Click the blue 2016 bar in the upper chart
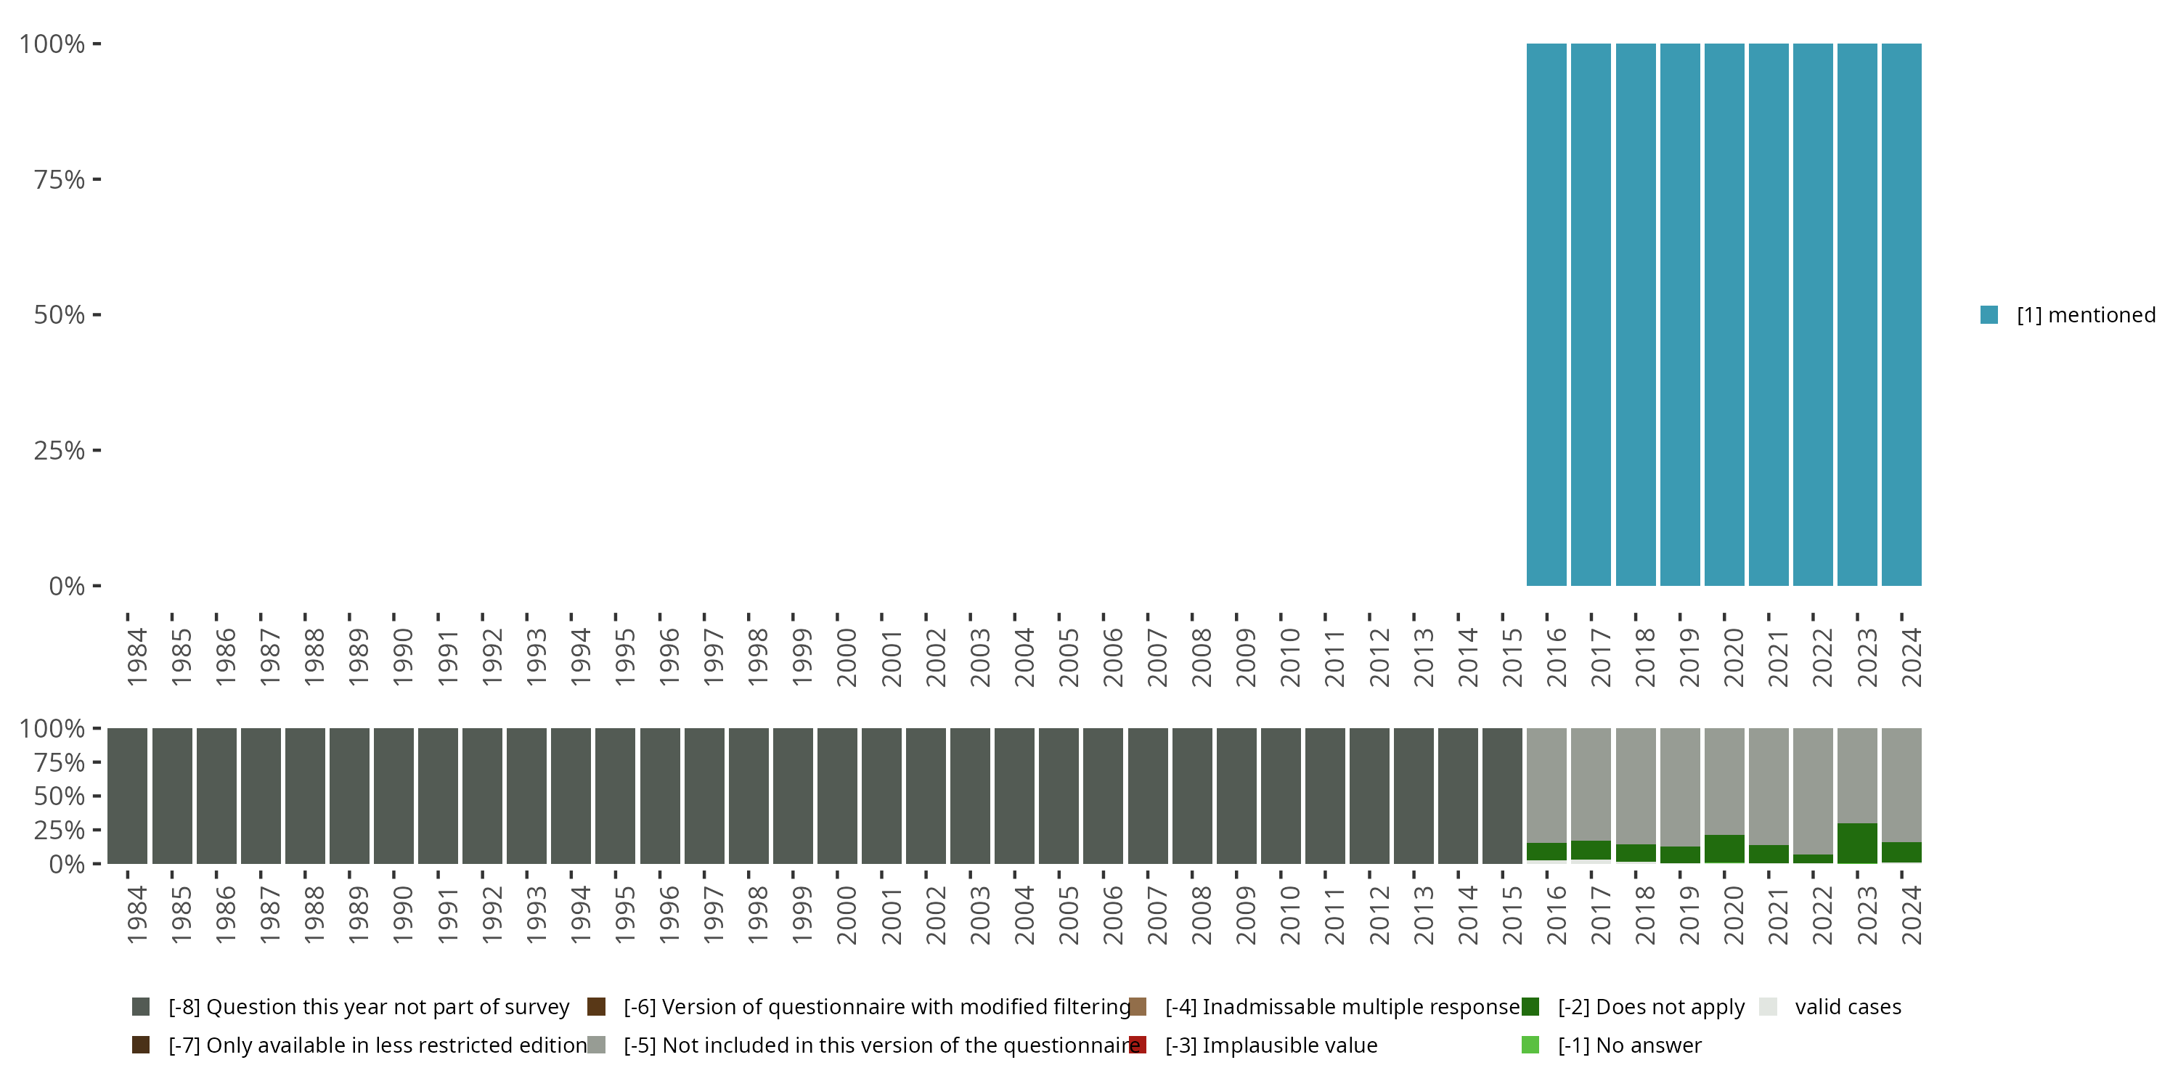pyautogui.click(x=1546, y=314)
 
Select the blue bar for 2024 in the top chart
pyautogui.click(x=1901, y=314)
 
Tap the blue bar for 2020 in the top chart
pyautogui.click(x=1724, y=314)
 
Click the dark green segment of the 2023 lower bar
pyautogui.click(x=1856, y=843)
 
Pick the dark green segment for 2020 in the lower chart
pyautogui.click(x=1724, y=849)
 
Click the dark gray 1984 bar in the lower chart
pyautogui.click(x=128, y=796)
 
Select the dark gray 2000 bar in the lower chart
pyautogui.click(x=837, y=796)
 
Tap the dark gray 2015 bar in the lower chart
pyautogui.click(x=1501, y=796)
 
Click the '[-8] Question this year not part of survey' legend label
pyautogui.click(x=369, y=1007)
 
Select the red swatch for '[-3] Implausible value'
pyautogui.click(x=1138, y=1045)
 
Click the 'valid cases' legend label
pyautogui.click(x=1848, y=1007)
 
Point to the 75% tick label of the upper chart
pyautogui.click(x=60, y=179)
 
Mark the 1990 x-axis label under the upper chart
pyautogui.click(x=402, y=657)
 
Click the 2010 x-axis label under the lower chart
pyautogui.click(x=1289, y=915)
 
